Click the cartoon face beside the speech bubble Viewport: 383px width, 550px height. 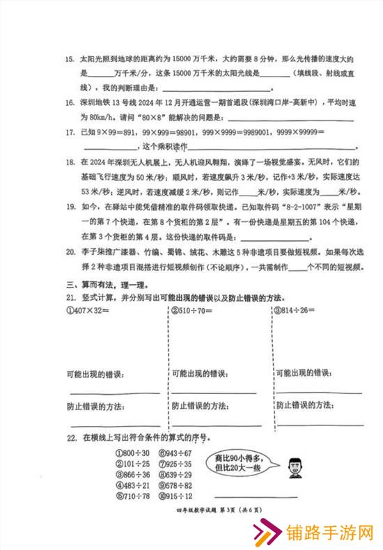[x=292, y=464]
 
